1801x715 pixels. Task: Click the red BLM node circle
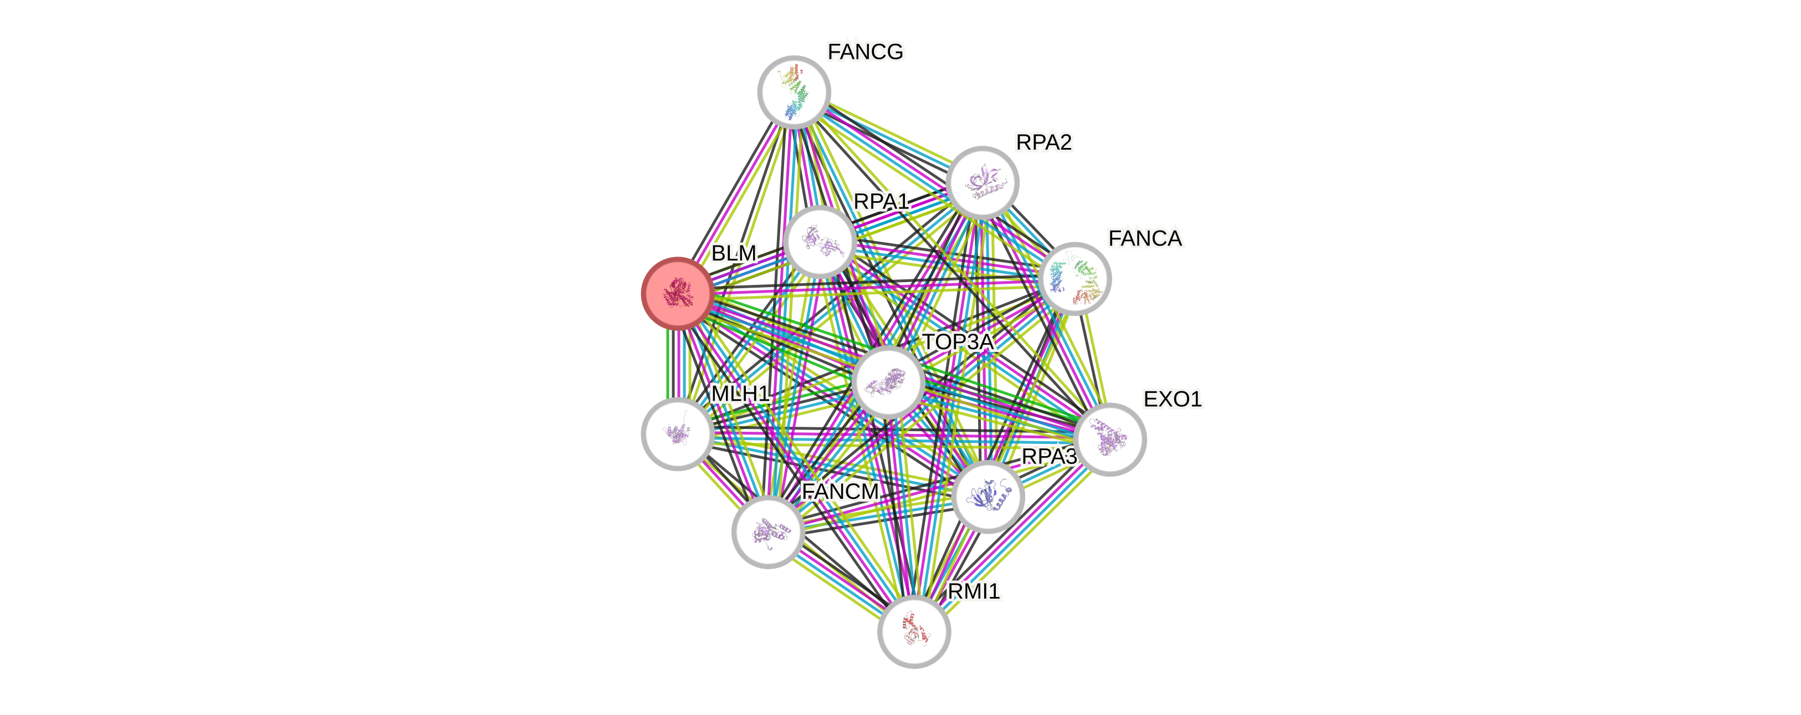point(677,293)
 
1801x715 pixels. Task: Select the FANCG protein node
point(794,91)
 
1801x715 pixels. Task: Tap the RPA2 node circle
point(983,182)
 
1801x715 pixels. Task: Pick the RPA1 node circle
point(820,241)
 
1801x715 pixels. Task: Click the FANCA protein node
point(1075,278)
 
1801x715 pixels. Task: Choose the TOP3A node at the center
point(888,382)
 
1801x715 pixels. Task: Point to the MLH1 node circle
point(677,434)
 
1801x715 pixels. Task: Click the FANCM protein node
point(768,532)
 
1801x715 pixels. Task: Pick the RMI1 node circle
point(914,632)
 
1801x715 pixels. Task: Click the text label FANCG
point(865,52)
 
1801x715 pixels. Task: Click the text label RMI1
point(973,592)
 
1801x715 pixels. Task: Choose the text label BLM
point(733,253)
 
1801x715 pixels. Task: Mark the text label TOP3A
point(958,342)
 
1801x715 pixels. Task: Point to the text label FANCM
point(840,492)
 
